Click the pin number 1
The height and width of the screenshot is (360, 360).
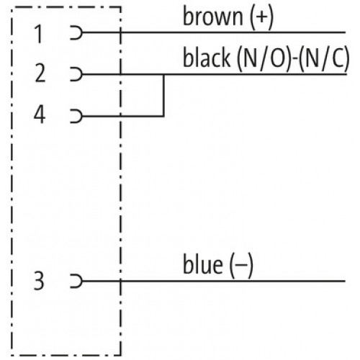39,34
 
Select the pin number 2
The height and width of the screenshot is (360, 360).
40,73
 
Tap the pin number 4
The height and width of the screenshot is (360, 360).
40,114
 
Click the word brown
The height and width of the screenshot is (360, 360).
213,17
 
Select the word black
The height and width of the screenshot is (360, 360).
207,57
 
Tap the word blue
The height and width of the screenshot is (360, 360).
203,264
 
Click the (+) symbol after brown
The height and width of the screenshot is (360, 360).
261,17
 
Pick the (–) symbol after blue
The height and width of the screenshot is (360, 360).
241,266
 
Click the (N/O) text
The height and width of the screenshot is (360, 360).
264,58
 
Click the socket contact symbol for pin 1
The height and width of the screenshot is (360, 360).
76,32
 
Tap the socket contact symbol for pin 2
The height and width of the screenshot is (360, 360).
76,74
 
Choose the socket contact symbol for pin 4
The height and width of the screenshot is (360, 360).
76,116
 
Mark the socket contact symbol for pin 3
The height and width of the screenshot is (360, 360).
76,281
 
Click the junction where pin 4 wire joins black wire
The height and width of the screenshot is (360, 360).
164,74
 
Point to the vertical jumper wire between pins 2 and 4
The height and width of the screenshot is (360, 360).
164,95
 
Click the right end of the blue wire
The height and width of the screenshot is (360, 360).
345,281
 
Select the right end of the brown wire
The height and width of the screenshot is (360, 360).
345,32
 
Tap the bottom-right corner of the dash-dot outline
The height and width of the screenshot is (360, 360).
121,355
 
